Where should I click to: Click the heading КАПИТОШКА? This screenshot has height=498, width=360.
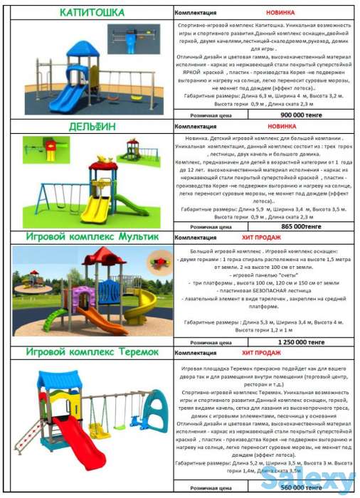[92, 13]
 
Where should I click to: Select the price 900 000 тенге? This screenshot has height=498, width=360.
[302, 114]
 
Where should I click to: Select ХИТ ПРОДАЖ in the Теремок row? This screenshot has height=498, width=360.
[257, 352]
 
